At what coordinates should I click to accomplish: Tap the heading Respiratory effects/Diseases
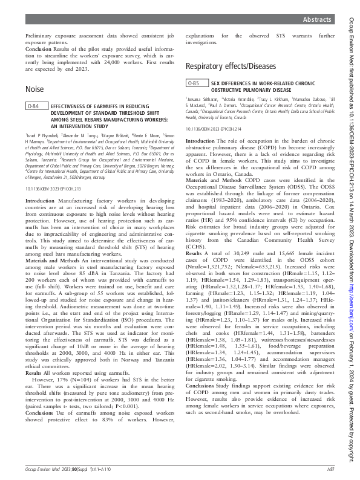pyautogui.click(x=231, y=66)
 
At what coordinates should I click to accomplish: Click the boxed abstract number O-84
pyautogui.click(x=35, y=106)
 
